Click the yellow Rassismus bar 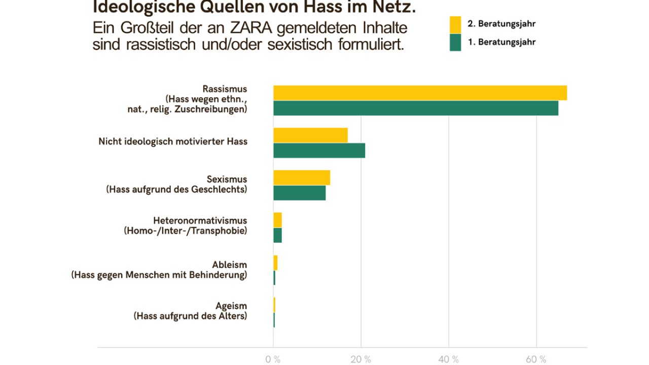tap(420, 93)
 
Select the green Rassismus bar tap(416, 108)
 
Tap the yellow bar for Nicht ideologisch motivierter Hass tap(310, 135)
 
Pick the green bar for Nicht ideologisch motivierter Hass tap(319, 151)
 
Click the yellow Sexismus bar tap(302, 177)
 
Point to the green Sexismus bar tap(299, 193)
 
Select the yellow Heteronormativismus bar tap(277, 220)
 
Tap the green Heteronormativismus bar tap(277, 235)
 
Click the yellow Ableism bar tap(275, 263)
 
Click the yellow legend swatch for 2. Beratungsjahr tap(455, 24)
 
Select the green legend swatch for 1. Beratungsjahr tap(455, 43)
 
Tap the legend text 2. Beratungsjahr tap(501, 24)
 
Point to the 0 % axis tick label tap(273, 359)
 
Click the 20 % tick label tap(360, 359)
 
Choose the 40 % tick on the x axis tap(448, 359)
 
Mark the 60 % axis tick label tap(536, 359)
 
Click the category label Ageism tap(231, 306)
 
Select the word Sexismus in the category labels tap(227, 179)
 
